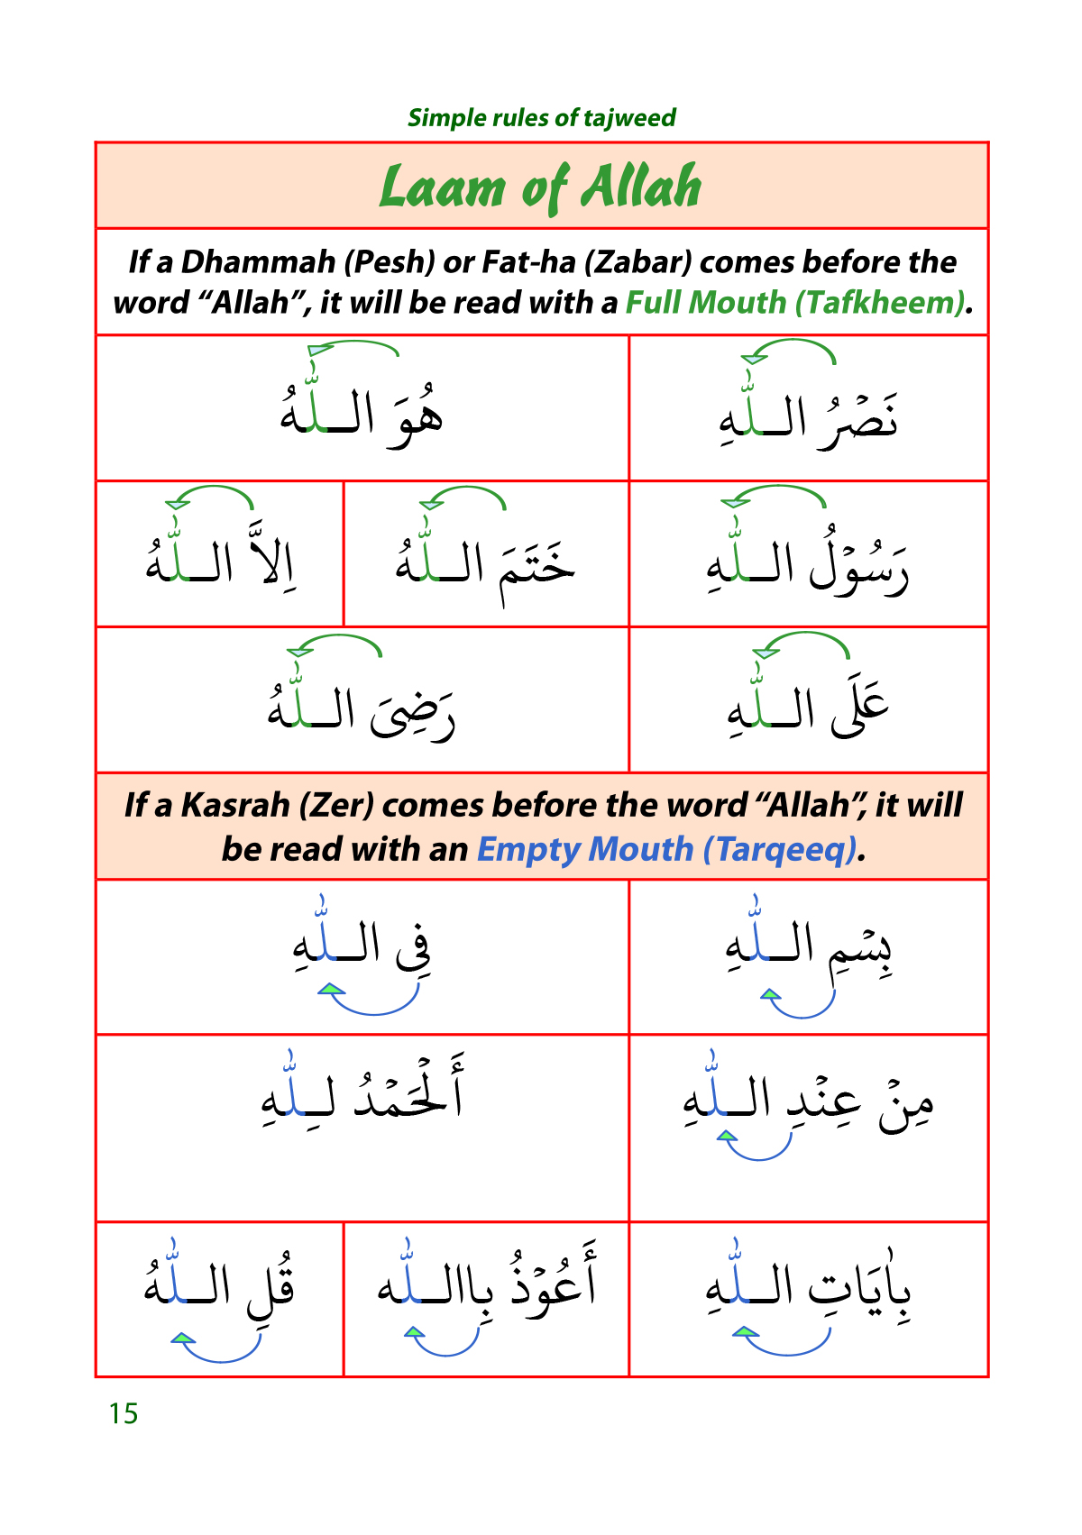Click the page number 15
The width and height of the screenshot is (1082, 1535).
tap(124, 1413)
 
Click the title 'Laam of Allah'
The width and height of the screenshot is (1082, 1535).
tap(541, 187)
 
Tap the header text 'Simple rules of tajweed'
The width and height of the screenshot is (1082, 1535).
tap(541, 118)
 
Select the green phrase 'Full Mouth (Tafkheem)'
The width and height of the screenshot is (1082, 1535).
tap(795, 303)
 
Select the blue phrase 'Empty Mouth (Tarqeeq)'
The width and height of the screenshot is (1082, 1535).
tap(666, 849)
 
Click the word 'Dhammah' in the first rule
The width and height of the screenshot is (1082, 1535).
tap(259, 262)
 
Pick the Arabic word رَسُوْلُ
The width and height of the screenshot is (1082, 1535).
tap(858, 566)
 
